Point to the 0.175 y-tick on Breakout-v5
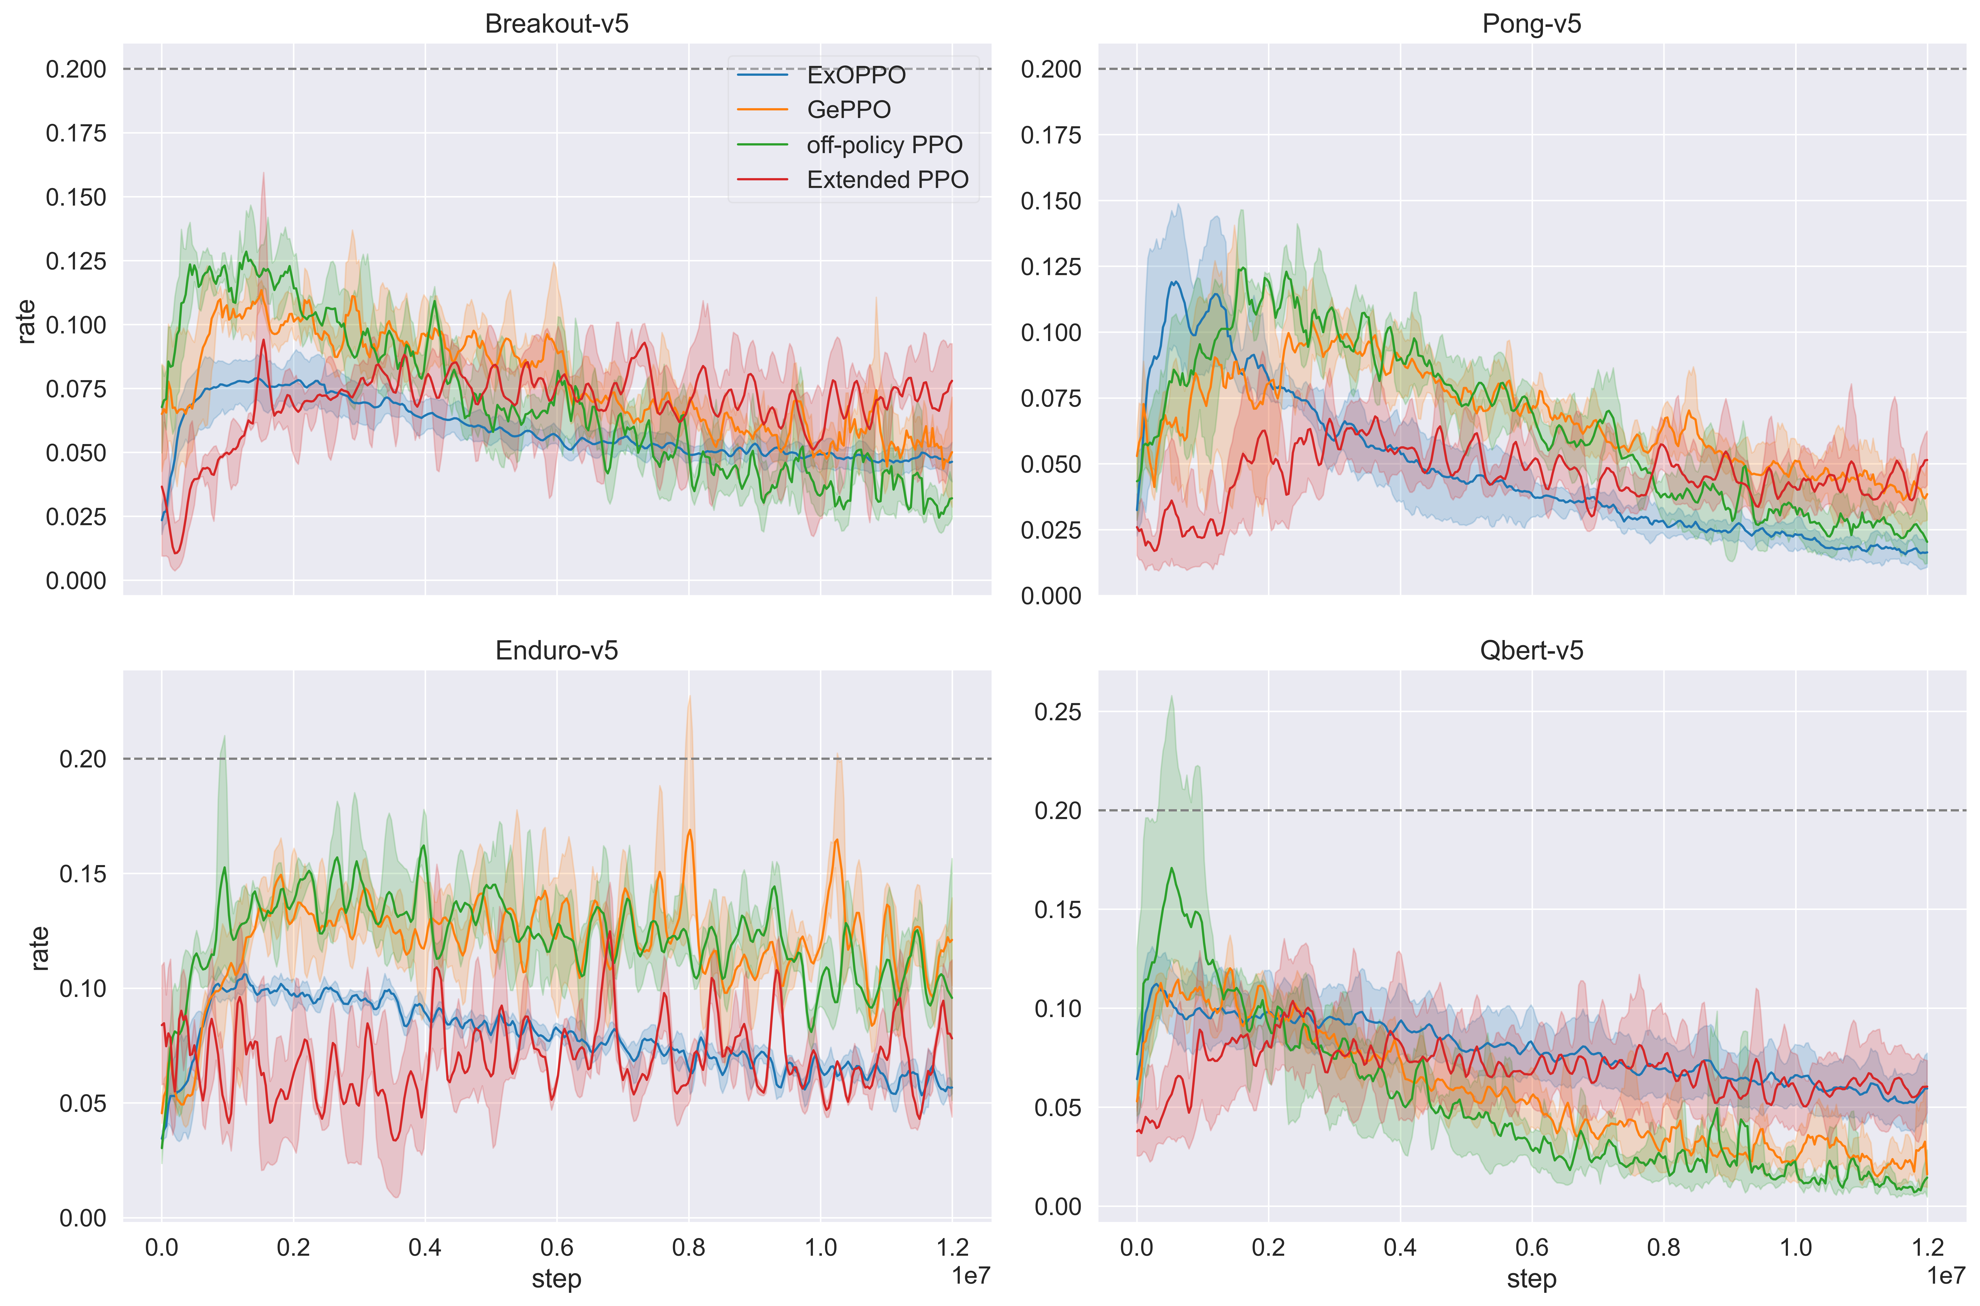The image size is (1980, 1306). pyautogui.click(x=76, y=133)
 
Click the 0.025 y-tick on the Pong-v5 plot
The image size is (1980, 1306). pyautogui.click(x=1051, y=530)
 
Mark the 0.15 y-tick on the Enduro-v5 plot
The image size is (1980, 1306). pyautogui.click(x=82, y=874)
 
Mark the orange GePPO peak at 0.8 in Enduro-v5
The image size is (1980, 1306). pyautogui.click(x=689, y=830)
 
